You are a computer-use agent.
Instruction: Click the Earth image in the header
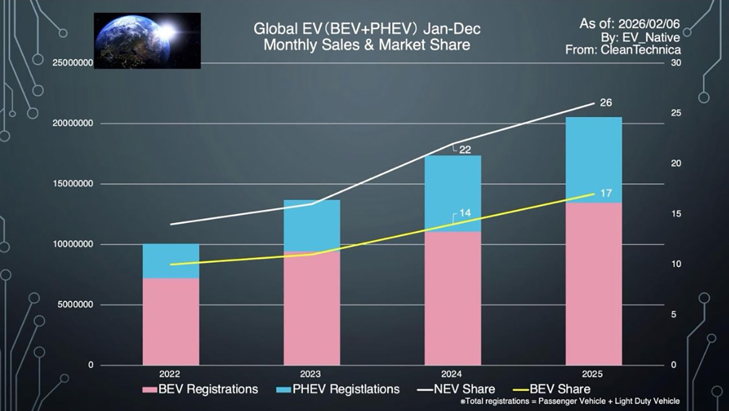coord(147,40)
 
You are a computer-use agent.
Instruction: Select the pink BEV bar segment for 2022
coord(171,321)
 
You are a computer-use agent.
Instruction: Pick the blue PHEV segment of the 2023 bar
coord(312,225)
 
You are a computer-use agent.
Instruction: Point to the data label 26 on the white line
coord(606,103)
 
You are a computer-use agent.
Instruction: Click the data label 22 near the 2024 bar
coord(465,150)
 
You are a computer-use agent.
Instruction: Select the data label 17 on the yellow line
coord(606,193)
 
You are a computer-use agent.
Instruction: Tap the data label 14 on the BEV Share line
coord(465,213)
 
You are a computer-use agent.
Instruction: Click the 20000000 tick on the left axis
coord(73,123)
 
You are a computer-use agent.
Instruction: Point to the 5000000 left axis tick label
coord(75,305)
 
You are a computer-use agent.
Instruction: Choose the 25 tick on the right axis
coord(676,113)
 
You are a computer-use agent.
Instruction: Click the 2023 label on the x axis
coord(310,374)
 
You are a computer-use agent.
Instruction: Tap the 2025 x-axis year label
coord(592,374)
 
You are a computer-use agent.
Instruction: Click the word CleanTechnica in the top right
coord(641,50)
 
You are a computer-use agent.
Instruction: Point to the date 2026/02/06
coord(649,24)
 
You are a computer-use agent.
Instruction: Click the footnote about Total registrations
coord(570,401)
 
